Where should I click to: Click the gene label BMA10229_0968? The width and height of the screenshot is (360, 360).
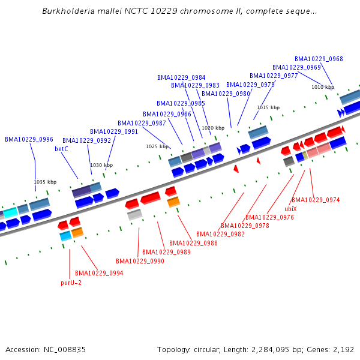tap(319, 59)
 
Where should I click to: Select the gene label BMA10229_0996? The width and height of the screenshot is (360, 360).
tap(29, 139)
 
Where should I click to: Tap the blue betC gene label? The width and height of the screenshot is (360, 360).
tap(61, 149)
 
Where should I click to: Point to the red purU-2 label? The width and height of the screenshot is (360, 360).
tap(71, 283)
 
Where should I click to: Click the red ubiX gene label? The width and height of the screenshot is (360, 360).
tap(290, 209)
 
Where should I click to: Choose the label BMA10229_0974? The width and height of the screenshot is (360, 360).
tap(316, 200)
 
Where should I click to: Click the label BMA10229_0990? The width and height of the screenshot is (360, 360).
tap(140, 261)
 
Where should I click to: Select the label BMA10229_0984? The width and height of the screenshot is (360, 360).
tap(181, 77)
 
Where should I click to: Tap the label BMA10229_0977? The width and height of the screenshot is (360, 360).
tap(274, 76)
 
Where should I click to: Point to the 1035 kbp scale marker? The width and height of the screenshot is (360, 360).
tap(45, 182)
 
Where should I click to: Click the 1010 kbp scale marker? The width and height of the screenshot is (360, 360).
tap(322, 87)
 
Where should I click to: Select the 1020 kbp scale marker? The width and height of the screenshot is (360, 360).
tap(212, 128)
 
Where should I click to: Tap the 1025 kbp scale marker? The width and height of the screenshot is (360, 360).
tap(157, 146)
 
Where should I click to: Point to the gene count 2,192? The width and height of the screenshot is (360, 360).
tap(343, 349)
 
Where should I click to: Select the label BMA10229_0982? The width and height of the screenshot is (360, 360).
tap(220, 234)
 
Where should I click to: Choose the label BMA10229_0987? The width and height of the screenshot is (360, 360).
tap(142, 123)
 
